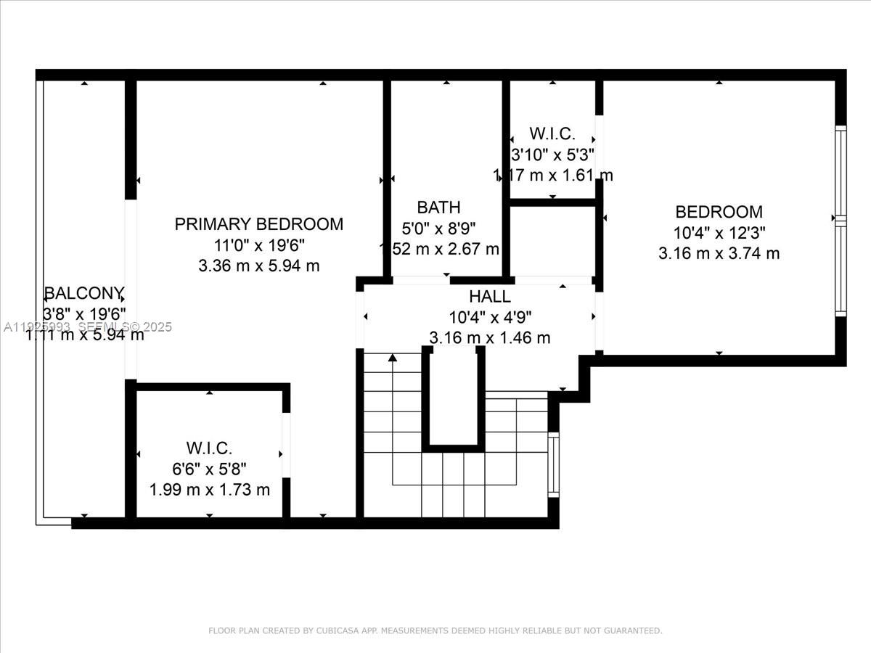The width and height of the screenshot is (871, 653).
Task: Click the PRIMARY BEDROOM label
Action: click(258, 224)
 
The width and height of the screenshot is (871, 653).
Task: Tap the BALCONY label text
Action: click(84, 294)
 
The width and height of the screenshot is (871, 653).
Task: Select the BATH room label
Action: click(438, 208)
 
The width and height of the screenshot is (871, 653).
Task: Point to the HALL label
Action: click(489, 297)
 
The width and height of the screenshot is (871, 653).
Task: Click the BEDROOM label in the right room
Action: click(719, 212)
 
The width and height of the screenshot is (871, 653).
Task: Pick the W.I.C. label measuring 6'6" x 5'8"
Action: click(209, 448)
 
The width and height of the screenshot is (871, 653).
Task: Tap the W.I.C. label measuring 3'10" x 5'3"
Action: click(552, 134)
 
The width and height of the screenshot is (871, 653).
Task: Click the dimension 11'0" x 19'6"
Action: click(258, 245)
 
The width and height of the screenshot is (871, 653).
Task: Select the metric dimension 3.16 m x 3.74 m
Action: click(719, 253)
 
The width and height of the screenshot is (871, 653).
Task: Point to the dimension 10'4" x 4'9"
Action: click(490, 317)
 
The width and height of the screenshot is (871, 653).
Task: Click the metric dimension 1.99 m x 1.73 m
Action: click(209, 490)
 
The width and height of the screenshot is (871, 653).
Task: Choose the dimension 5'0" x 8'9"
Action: click(438, 228)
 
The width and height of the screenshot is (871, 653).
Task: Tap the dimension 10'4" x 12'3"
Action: click(719, 233)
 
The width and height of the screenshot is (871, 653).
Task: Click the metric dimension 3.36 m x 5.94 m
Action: click(258, 266)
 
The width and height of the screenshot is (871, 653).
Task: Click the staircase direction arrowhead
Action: click(393, 357)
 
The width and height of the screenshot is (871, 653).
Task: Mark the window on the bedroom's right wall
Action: click(840, 221)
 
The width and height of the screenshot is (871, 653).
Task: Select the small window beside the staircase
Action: click(553, 464)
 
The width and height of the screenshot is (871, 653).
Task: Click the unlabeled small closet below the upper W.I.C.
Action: click(552, 241)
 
